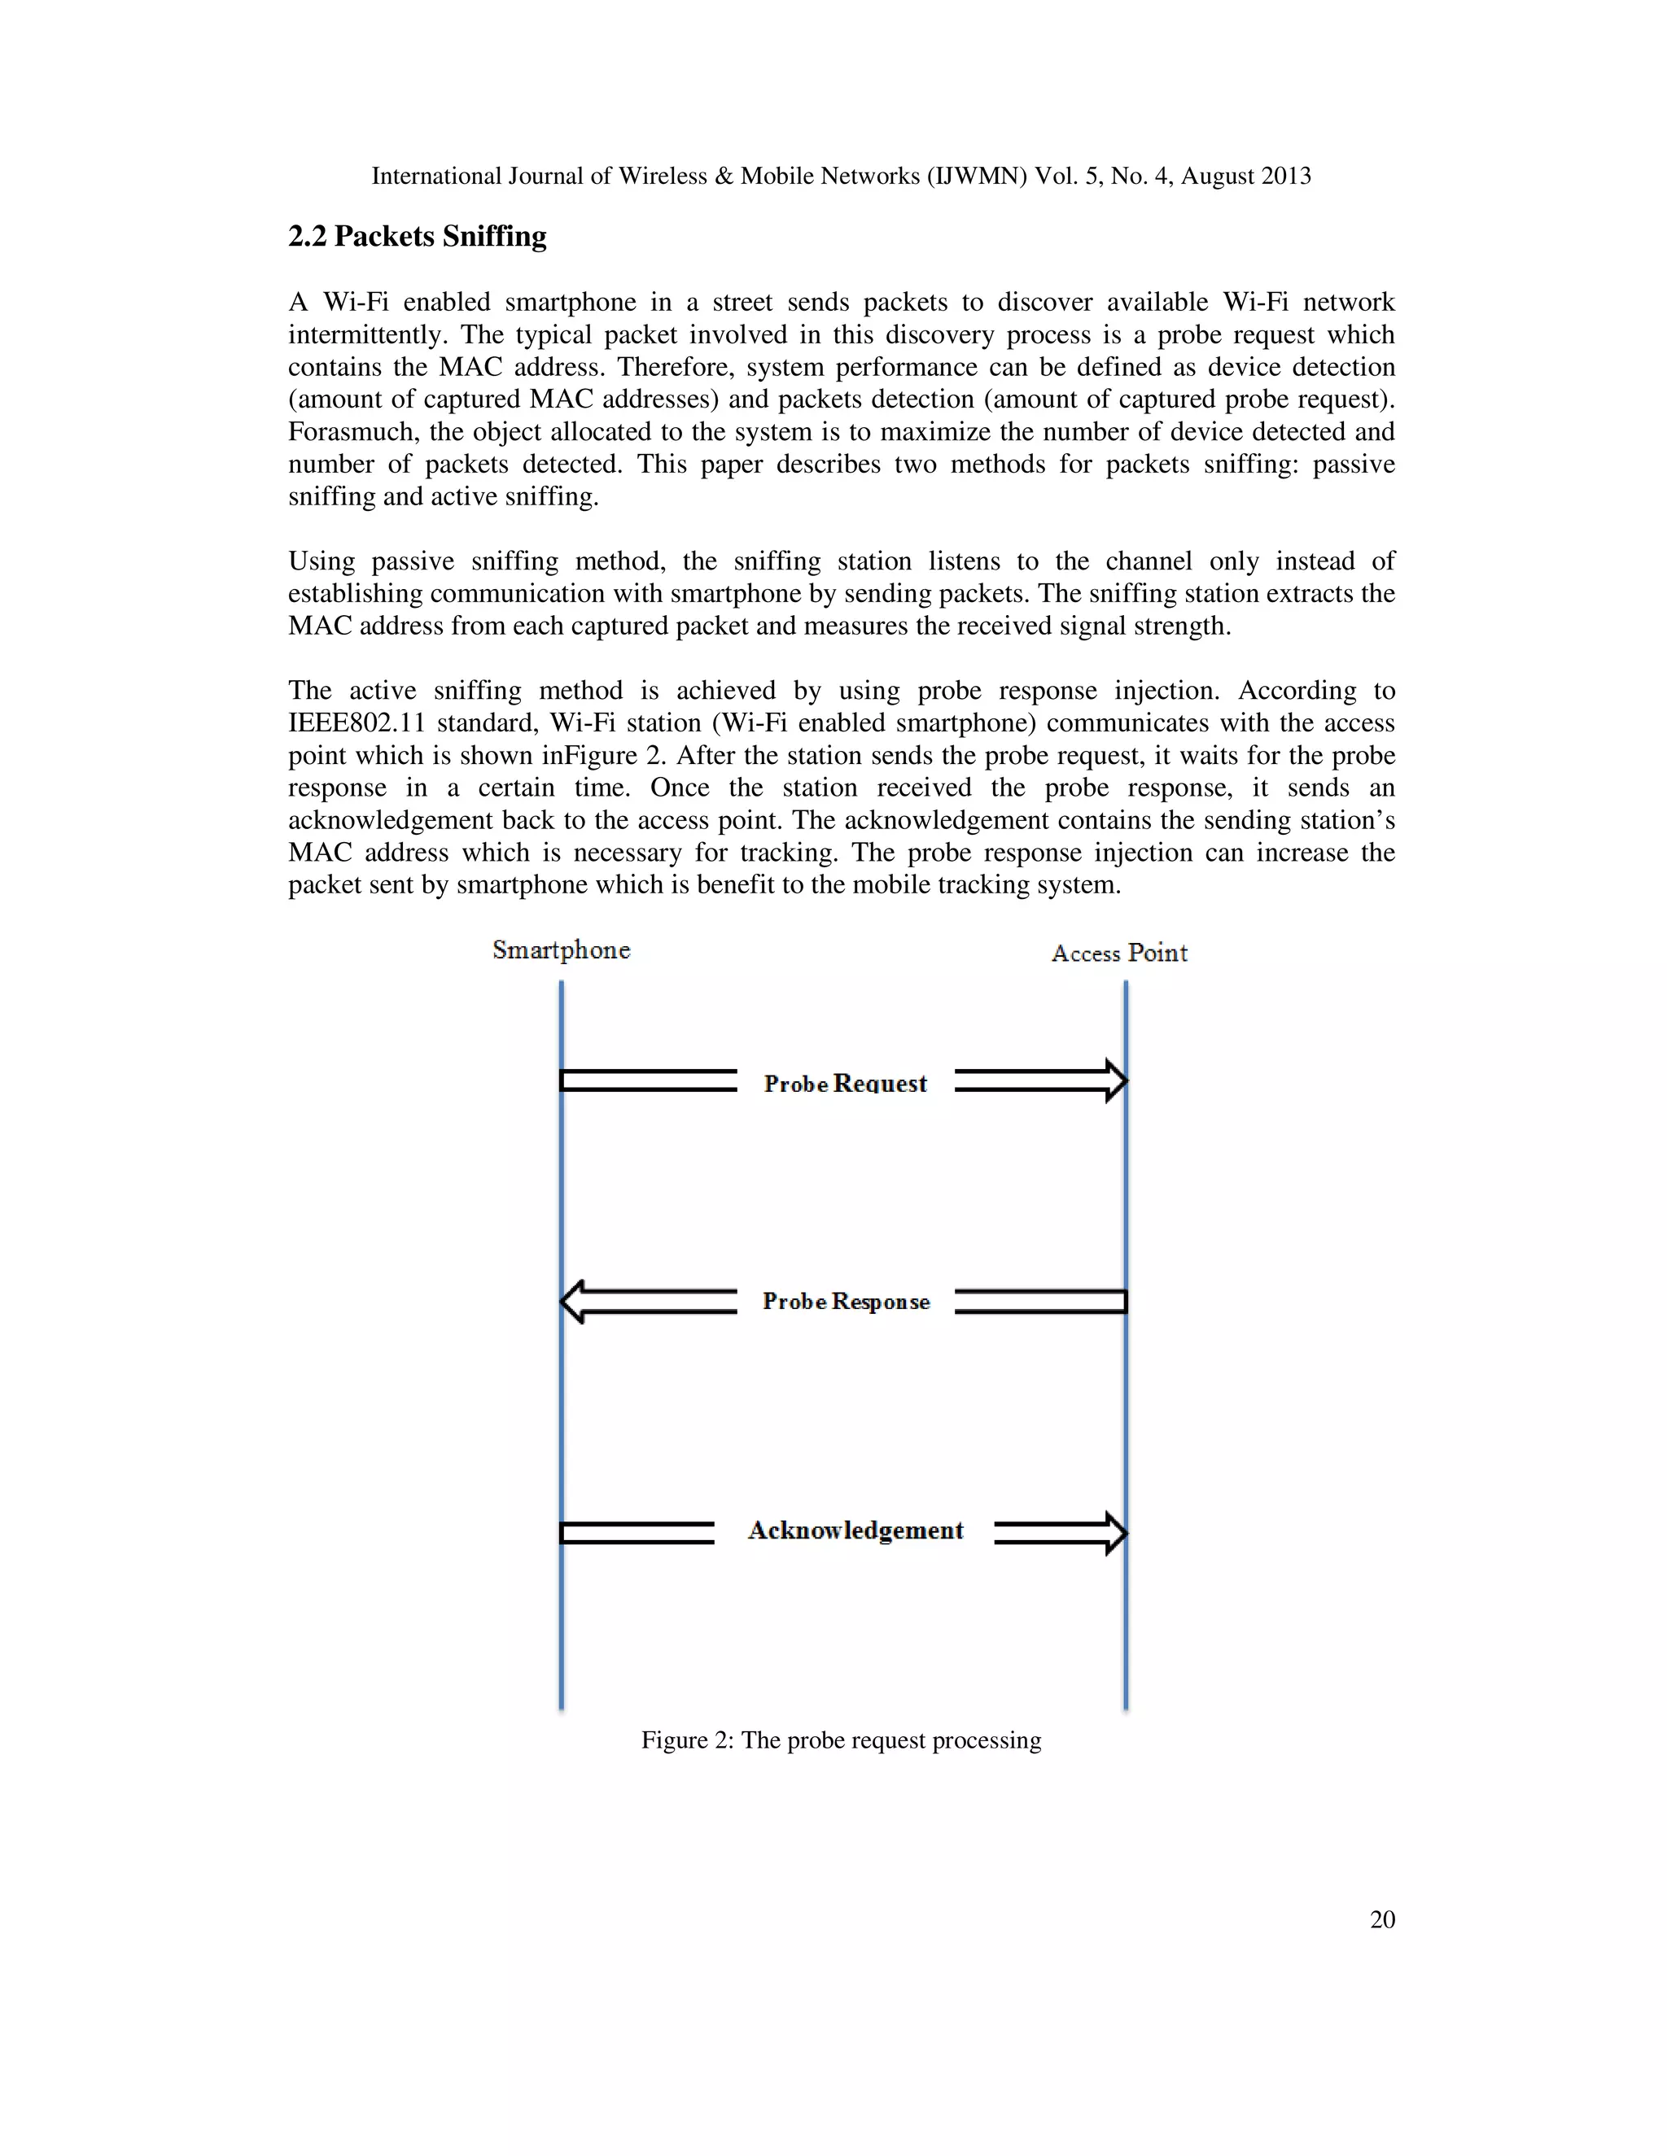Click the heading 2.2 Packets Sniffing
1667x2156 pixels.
pos(417,237)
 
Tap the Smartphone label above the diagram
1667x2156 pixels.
pos(561,950)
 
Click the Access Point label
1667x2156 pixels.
pos(1119,954)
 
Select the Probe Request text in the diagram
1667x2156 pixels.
pos(846,1084)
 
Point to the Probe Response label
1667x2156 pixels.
pos(846,1302)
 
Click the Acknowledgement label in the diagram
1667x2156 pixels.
pos(855,1531)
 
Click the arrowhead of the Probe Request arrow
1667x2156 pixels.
pos(1116,1081)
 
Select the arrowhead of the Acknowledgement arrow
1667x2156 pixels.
pos(1116,1533)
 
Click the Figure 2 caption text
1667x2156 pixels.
pos(840,1740)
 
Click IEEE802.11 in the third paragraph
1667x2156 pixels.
pos(356,723)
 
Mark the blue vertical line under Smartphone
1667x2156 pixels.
pos(561,1382)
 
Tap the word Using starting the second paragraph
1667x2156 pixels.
pos(321,561)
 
